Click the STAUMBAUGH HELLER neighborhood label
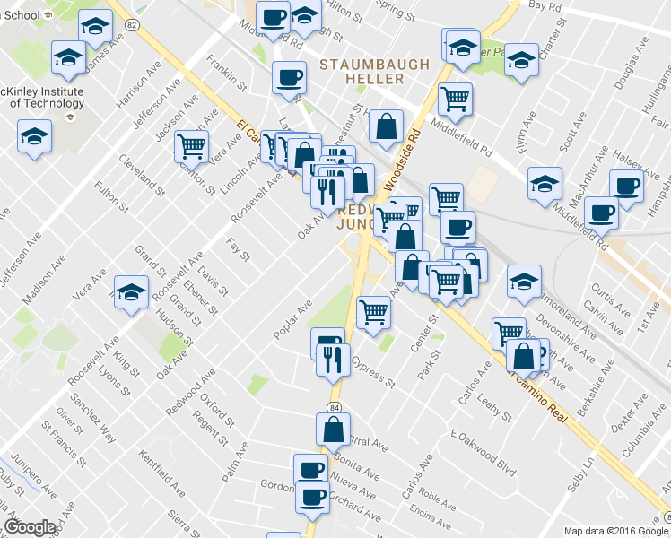pos(375,72)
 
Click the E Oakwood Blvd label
pos(485,447)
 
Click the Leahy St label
pos(494,404)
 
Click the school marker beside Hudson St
pos(131,292)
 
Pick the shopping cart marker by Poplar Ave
pos(373,312)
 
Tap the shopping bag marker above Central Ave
pos(333,429)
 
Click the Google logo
pos(29,528)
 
